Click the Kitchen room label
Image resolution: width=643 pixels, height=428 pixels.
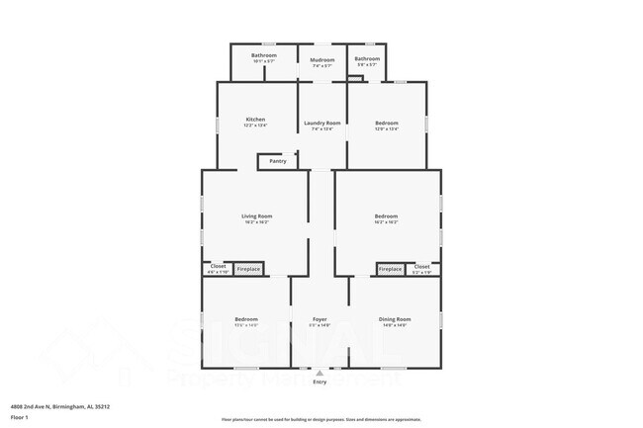click(x=255, y=120)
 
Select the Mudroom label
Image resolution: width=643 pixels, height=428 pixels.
click(x=321, y=60)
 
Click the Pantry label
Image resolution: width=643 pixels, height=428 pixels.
click(x=278, y=161)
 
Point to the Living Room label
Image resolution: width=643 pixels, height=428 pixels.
click(x=256, y=215)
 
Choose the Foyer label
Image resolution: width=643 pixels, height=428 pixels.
click(x=320, y=319)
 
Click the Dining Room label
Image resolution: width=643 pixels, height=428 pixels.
click(x=395, y=319)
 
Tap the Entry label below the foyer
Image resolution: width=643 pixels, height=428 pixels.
click(x=320, y=383)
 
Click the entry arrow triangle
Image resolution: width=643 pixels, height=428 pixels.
click(x=320, y=374)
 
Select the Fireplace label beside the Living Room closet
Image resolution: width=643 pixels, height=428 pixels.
click(x=248, y=269)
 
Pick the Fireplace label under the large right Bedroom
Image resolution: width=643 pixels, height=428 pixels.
click(x=391, y=269)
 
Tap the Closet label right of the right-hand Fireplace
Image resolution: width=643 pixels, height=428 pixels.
click(x=421, y=266)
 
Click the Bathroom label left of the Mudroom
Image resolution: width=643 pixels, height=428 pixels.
click(x=263, y=55)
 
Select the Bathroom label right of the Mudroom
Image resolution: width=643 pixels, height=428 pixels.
click(x=367, y=59)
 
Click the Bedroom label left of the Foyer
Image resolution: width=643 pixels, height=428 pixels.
click(x=246, y=319)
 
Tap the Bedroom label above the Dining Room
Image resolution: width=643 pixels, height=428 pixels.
click(x=386, y=215)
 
